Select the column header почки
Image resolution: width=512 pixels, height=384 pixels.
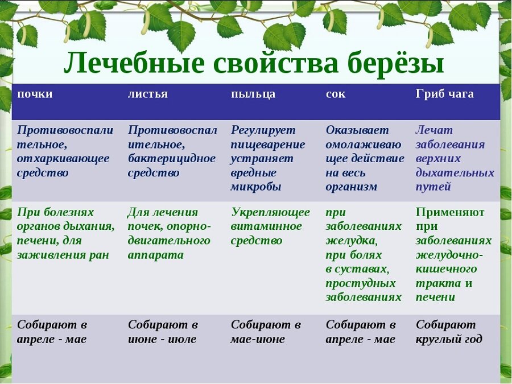(x=35, y=94)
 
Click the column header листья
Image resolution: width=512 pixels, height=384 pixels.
(x=147, y=94)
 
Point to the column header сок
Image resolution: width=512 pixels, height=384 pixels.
(x=335, y=94)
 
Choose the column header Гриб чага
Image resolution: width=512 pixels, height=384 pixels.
(x=444, y=94)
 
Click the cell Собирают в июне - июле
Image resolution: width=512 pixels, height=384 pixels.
(x=163, y=332)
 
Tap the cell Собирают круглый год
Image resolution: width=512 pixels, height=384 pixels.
(x=449, y=332)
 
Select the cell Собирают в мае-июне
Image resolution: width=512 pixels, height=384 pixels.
(x=266, y=332)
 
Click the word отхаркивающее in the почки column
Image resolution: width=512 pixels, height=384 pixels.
(x=63, y=159)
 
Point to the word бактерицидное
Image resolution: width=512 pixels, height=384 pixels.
(x=172, y=159)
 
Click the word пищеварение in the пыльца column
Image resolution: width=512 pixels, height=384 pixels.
(x=267, y=144)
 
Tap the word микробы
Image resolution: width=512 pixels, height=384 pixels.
(x=255, y=187)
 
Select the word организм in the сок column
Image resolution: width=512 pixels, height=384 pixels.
(x=351, y=187)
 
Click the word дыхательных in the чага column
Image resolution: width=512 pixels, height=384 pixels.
(x=455, y=173)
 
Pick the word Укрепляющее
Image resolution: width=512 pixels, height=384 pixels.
(x=270, y=212)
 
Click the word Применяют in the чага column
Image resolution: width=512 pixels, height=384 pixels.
(x=450, y=212)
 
